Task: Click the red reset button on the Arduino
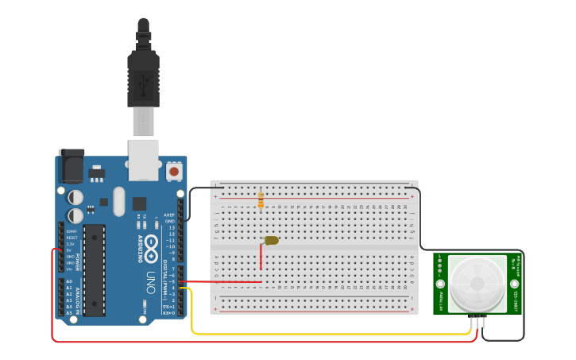pos(174,171)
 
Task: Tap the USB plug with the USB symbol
pos(144,80)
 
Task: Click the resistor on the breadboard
pos(261,199)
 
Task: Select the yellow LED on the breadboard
pos(271,240)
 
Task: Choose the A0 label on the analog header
pos(69,281)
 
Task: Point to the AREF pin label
pos(168,215)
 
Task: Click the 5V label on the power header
pos(70,250)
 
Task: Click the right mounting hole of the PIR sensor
pos(514,284)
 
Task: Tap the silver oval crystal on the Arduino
pos(119,201)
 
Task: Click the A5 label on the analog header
pos(69,313)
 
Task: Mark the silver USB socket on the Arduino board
pos(144,158)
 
